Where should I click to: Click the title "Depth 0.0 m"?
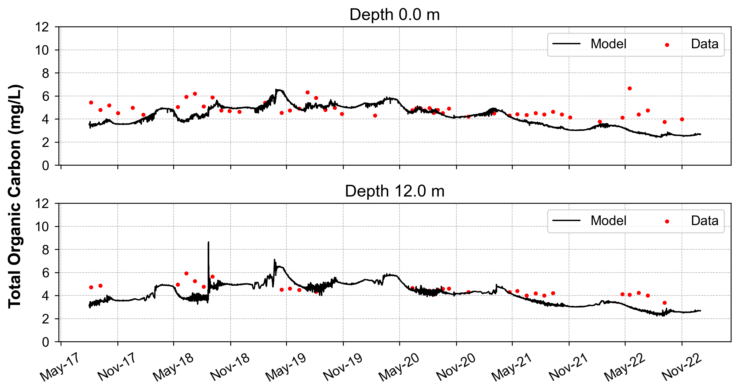394,15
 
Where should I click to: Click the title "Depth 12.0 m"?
394,191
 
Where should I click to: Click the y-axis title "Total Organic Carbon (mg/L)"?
15,196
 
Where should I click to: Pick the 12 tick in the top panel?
42,27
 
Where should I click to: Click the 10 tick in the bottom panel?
42,227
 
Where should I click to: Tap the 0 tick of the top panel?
46,166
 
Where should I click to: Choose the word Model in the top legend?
608,44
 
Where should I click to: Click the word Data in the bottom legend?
705,221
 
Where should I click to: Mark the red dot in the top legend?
667,45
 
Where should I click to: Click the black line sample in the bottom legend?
566,221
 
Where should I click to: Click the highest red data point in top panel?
630,88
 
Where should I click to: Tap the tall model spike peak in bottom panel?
208,242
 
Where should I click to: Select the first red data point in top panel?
91,103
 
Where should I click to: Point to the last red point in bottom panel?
665,303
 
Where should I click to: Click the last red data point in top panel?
682,119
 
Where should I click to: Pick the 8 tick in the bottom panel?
46,250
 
